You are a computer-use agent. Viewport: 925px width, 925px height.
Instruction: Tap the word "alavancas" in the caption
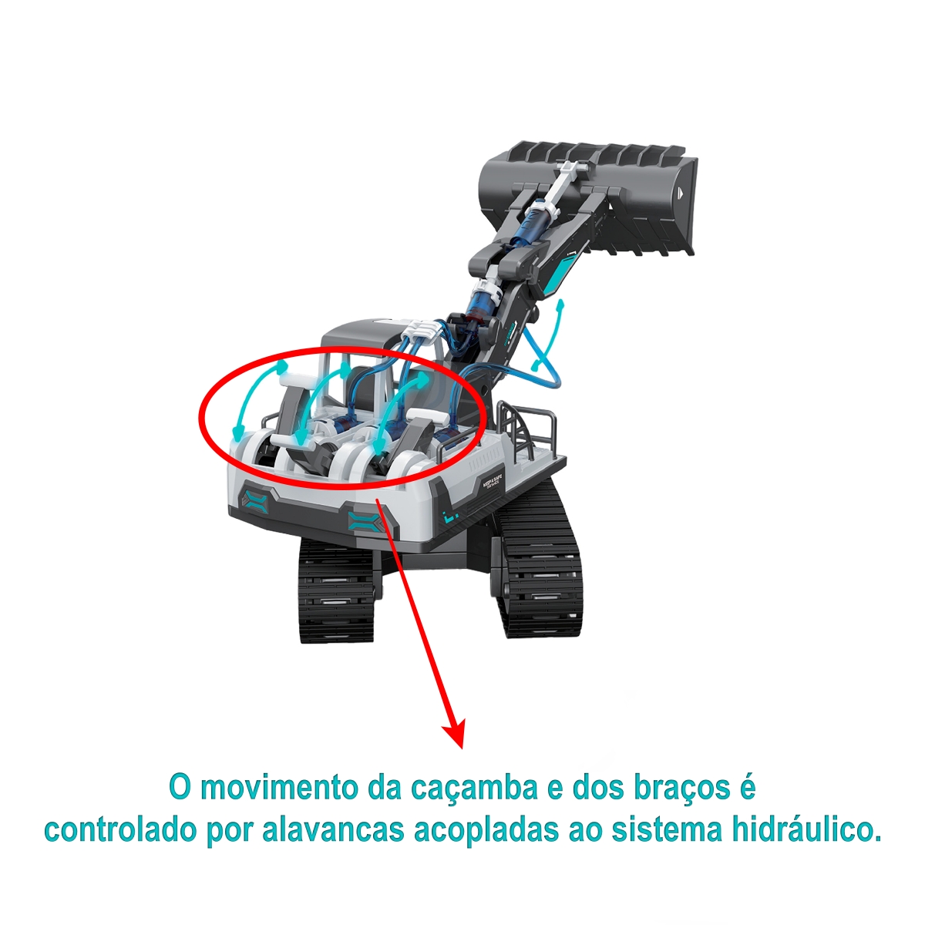point(333,831)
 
